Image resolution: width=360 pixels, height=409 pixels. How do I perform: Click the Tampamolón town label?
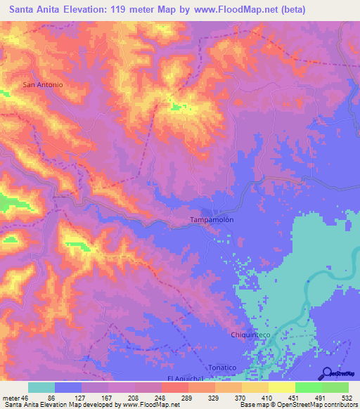[212, 220]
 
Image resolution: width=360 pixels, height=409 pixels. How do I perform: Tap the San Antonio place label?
[44, 85]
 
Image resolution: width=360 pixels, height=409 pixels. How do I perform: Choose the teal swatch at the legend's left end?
[41, 387]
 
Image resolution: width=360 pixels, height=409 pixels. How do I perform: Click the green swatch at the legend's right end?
[335, 387]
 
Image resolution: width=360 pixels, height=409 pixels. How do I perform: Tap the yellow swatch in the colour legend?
[281, 387]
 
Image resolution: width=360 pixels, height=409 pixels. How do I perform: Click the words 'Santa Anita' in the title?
[32, 11]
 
